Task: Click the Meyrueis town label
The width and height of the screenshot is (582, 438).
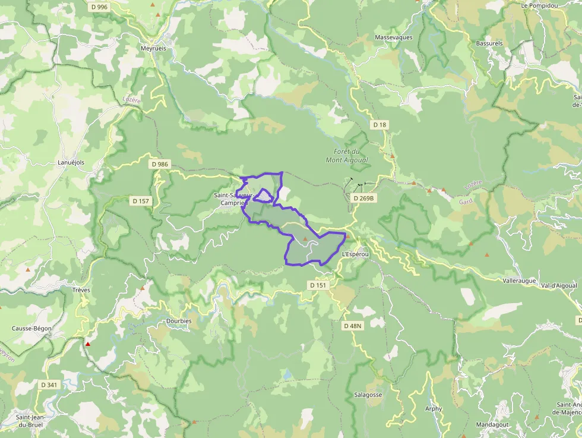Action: pyautogui.click(x=153, y=48)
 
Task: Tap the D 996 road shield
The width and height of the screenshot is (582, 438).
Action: pyautogui.click(x=100, y=7)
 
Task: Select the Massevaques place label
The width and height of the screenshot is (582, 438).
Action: pyautogui.click(x=394, y=37)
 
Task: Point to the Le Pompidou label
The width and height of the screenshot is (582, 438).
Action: pyautogui.click(x=540, y=5)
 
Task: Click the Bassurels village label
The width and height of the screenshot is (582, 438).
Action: pyautogui.click(x=489, y=43)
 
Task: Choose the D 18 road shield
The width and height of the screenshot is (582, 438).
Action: pyautogui.click(x=379, y=125)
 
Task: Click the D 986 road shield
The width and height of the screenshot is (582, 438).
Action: pyautogui.click(x=160, y=164)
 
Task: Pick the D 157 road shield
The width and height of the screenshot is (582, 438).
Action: pyautogui.click(x=141, y=201)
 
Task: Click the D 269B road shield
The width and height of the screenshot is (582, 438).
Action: pyautogui.click(x=363, y=198)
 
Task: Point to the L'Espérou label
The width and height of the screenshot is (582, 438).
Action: pyautogui.click(x=356, y=254)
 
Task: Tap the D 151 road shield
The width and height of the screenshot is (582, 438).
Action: pyautogui.click(x=318, y=285)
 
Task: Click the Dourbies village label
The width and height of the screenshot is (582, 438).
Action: pyautogui.click(x=179, y=321)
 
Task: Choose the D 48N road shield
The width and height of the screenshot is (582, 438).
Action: pyautogui.click(x=353, y=326)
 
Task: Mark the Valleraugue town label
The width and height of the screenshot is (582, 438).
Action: pyautogui.click(x=519, y=280)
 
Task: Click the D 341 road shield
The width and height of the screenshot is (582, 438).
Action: pyautogui.click(x=49, y=385)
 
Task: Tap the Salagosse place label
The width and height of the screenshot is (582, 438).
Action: pyautogui.click(x=368, y=395)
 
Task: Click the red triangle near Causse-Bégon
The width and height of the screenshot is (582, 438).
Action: pyautogui.click(x=88, y=344)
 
